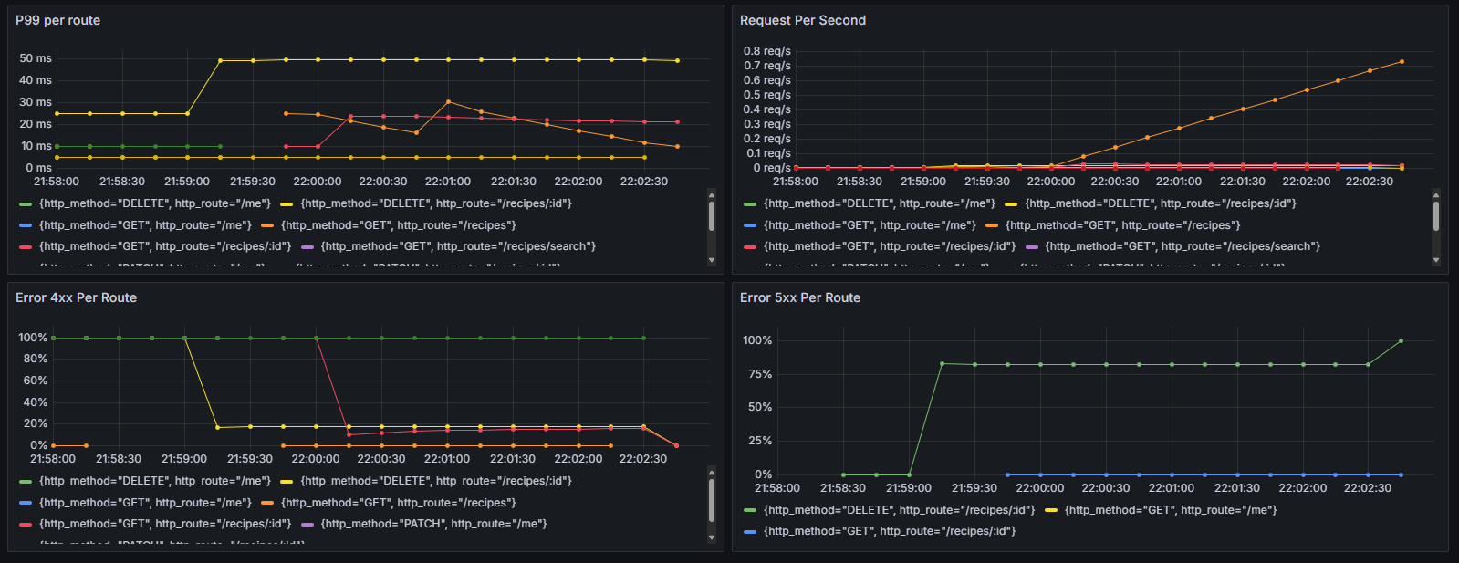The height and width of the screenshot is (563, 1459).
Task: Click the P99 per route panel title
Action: [x=57, y=20]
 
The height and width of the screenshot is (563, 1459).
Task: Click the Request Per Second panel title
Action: [x=802, y=20]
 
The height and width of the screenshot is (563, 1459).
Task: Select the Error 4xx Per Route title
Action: [x=76, y=297]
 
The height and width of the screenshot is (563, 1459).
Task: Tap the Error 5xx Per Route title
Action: [x=799, y=297]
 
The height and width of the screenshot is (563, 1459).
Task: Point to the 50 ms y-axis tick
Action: [x=36, y=58]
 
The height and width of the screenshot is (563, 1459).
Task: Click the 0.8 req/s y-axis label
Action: [x=766, y=51]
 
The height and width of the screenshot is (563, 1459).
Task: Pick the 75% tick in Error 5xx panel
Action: [x=757, y=374]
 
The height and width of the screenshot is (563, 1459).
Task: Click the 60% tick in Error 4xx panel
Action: [x=35, y=381]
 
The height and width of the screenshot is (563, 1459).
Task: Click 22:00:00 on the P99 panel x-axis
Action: [x=318, y=182]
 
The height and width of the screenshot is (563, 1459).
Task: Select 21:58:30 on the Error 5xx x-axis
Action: [x=843, y=488]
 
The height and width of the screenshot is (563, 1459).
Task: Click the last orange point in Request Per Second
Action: [x=1402, y=62]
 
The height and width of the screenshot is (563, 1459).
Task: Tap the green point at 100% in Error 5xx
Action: [x=1401, y=341]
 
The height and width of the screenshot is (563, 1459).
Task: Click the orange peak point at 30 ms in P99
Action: [x=448, y=101]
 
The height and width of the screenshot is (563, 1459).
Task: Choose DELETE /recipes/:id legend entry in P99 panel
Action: [x=435, y=203]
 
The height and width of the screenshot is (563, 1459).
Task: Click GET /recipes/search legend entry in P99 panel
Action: [x=458, y=246]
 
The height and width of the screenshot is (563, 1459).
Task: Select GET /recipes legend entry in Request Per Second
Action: [x=1122, y=225]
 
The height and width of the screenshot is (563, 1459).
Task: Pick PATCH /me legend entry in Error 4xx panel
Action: [x=433, y=524]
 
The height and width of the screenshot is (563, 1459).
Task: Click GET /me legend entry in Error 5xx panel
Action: [x=1170, y=510]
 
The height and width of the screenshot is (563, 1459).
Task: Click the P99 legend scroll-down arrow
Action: [x=712, y=261]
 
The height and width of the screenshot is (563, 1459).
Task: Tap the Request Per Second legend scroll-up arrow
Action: [x=1436, y=194]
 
